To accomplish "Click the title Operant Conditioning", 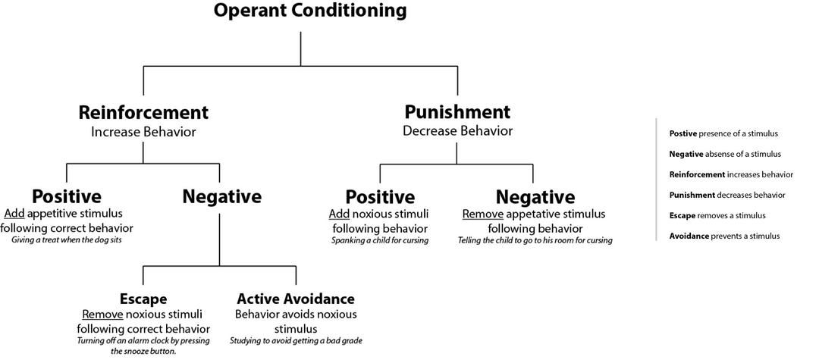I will point(309,11).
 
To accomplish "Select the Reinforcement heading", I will point(143,113).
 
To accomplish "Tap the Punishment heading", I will point(457,112).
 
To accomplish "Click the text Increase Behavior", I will point(143,132).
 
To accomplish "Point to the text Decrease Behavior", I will point(457,131).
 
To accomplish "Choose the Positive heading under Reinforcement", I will point(66,197).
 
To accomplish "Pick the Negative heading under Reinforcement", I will point(221,197).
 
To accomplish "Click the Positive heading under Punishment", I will point(380,198).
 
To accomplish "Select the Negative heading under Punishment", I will point(535,198).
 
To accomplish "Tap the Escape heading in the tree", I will point(143,299).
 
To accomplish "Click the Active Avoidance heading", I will point(296,299).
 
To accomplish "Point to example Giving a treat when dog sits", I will point(67,240).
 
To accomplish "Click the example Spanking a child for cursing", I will point(380,241).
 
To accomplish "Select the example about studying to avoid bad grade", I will point(296,341).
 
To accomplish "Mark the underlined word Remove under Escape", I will point(97,314).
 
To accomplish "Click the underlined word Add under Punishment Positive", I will point(339,214).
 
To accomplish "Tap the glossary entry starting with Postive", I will point(723,133).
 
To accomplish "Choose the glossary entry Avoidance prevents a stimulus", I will point(724,236).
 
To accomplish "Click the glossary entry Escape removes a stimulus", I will point(717,215).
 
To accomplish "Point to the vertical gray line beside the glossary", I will point(656,180).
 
